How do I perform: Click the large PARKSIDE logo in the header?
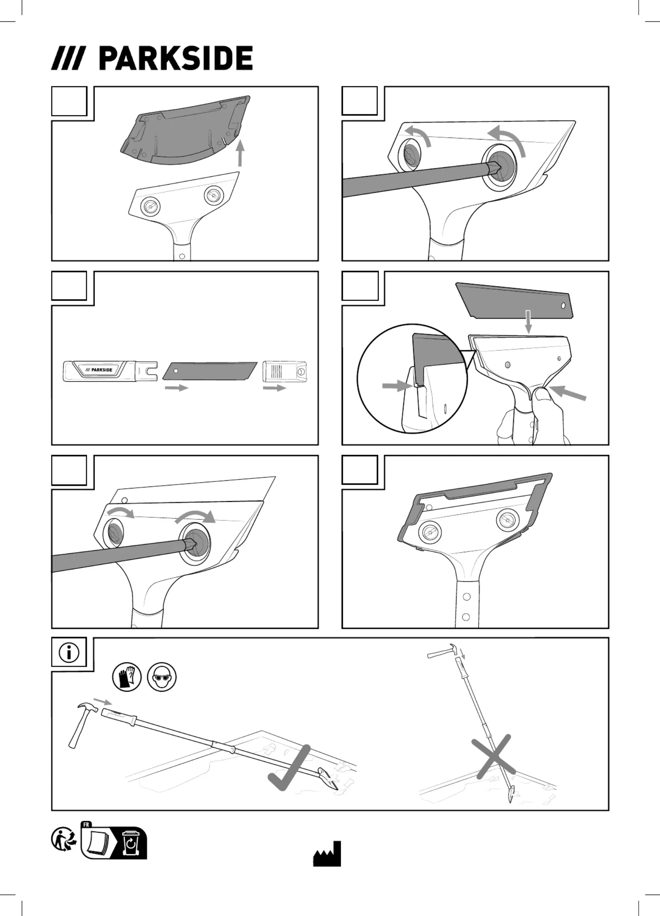(152, 58)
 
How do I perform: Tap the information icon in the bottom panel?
(69, 652)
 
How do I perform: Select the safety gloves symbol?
(127, 677)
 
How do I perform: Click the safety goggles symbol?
(162, 677)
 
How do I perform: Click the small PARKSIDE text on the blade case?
(99, 370)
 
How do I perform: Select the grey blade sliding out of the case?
(209, 371)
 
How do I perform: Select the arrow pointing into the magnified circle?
(398, 386)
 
